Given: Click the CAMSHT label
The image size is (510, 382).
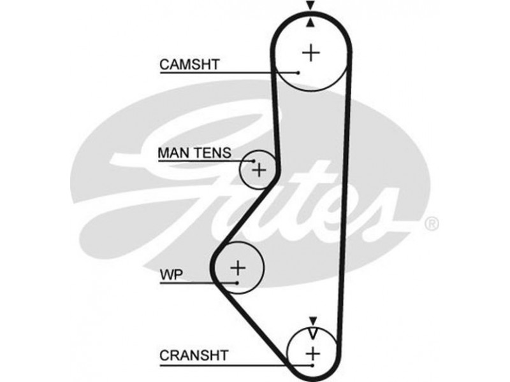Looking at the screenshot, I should pos(189,64).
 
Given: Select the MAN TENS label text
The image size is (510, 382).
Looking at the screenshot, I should pos(195,153).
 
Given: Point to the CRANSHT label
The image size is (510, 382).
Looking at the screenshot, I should pos(193,354).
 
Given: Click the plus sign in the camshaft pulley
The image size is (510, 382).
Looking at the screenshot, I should pos(311,52).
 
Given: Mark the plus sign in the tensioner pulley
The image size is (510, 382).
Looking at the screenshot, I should pos(258,170).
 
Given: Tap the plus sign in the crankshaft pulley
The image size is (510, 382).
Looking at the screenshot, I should pos(312,353).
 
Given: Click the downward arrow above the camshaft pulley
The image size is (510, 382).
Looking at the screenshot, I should pos(310,6).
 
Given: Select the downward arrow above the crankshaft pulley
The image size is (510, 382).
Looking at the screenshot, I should pos(312,320).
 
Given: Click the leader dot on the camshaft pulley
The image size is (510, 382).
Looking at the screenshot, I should pos(298,73).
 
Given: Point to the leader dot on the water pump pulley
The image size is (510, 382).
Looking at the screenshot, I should pos(237,283).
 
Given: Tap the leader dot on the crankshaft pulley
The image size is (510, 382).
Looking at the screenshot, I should pos(312,366).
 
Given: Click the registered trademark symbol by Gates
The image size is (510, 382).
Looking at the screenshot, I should pos(431,223).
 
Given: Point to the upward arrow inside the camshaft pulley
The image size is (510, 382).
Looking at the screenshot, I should pos(310,24).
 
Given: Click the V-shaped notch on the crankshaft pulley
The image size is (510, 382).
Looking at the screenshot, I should pos(312,332).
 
